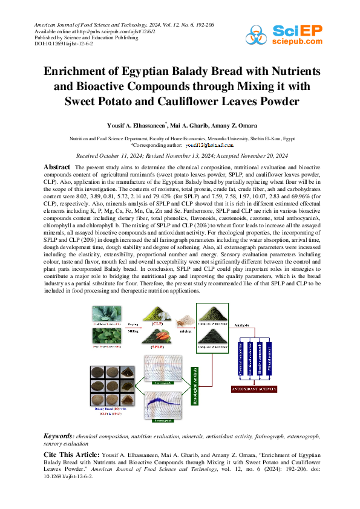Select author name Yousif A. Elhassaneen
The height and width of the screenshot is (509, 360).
click(x=136, y=125)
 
